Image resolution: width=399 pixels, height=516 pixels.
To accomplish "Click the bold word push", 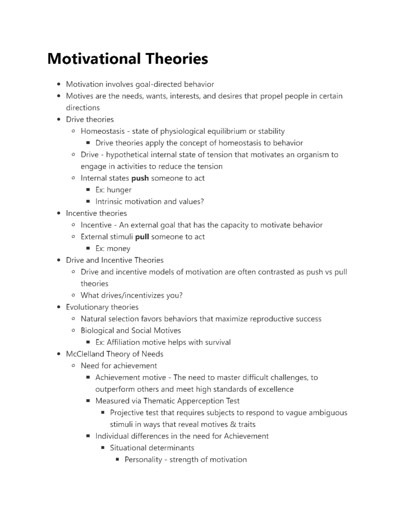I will point(140,178).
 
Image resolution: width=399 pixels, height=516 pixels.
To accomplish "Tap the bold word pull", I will point(142,237).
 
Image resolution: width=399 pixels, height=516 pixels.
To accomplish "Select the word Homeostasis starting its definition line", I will point(102,131).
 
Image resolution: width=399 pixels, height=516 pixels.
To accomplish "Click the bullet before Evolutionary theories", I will point(59,307).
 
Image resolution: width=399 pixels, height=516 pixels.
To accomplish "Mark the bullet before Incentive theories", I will point(59,213).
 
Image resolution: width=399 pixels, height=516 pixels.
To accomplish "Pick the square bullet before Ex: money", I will point(88,249).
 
